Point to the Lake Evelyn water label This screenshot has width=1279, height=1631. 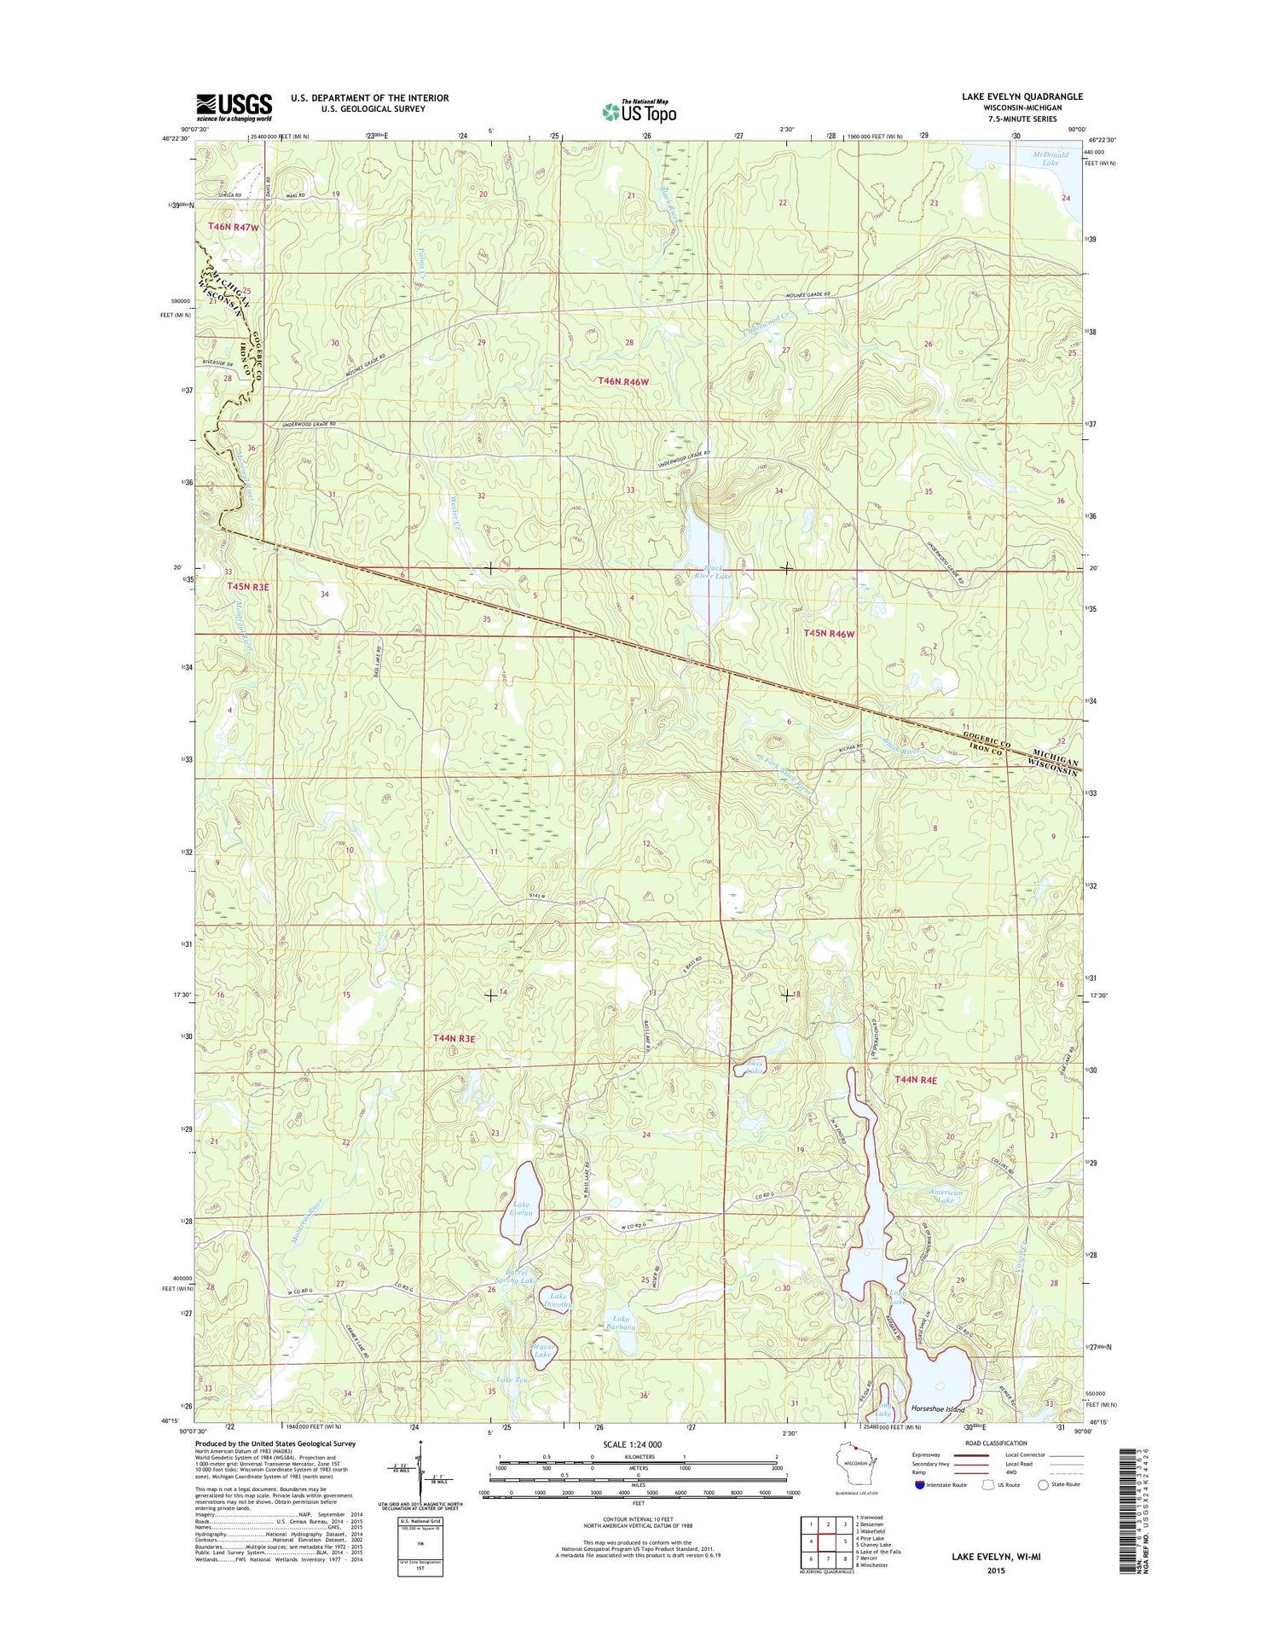pos(521,1209)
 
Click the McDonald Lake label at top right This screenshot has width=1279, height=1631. pos(1050,158)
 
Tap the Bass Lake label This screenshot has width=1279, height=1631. pos(754,1066)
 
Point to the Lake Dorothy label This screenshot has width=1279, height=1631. pos(559,1300)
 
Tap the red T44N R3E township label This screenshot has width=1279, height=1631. pos(454,1038)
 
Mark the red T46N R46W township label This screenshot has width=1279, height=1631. pos(623,381)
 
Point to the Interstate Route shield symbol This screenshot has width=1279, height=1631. pos(917,1484)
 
